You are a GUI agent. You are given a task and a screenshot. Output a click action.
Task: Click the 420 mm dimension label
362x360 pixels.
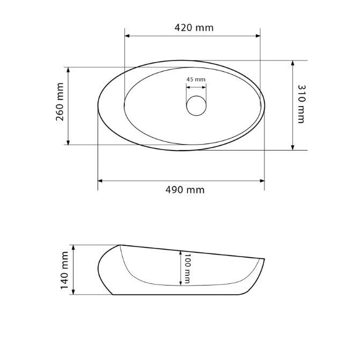tap(194, 28)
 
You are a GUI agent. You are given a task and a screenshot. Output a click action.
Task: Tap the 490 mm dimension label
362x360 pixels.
tap(185, 190)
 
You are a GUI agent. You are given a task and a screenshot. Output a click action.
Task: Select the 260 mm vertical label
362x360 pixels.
tap(60, 102)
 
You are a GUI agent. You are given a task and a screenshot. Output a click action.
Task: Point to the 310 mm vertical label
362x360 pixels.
tap(301, 104)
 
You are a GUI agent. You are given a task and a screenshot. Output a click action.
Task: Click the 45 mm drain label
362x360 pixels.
tap(196, 79)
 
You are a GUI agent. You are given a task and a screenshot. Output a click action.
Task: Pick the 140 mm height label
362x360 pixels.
tap(64, 271)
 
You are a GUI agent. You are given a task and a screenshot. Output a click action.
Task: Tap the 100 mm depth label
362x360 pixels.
tap(187, 269)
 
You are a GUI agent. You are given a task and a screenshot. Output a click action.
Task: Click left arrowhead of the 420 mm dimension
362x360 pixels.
tap(127, 36)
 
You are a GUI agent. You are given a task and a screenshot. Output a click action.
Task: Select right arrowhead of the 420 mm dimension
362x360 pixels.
tap(258, 36)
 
